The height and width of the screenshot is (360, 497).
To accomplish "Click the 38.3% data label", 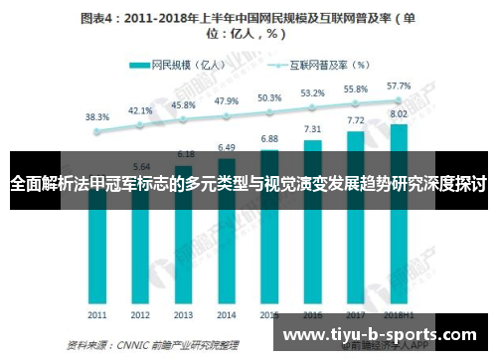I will [97, 116].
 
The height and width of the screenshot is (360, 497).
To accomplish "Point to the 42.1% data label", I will [140, 110].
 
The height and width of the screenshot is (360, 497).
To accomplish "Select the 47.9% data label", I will [227, 100].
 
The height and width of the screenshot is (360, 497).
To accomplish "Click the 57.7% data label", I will [399, 86].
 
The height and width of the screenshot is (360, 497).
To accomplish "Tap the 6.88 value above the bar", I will [269, 138].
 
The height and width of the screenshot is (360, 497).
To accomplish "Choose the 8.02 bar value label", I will [399, 113].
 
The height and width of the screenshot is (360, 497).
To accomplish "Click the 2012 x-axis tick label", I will [140, 313].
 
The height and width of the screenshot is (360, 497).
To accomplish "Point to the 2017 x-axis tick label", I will [356, 313].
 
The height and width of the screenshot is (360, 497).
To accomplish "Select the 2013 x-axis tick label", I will [184, 313].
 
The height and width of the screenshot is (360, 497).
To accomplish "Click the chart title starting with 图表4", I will [248, 25].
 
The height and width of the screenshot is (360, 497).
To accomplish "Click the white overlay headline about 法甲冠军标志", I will [248, 185].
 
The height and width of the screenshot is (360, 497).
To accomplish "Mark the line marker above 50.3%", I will [269, 110].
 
